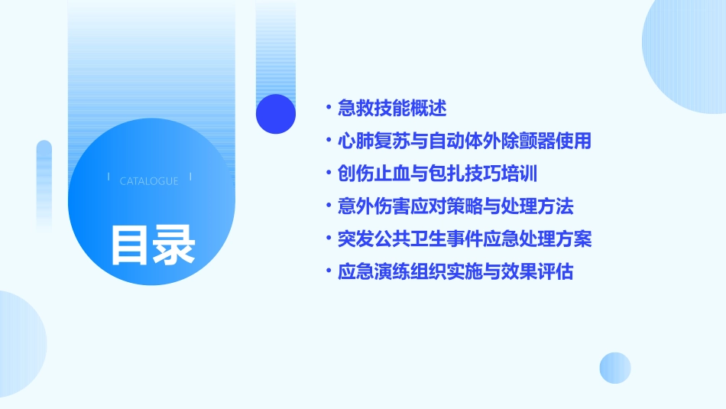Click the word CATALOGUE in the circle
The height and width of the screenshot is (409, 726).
click(x=149, y=181)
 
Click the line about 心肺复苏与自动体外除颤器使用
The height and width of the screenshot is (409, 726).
click(x=464, y=141)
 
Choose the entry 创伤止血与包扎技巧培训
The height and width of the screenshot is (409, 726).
click(x=438, y=174)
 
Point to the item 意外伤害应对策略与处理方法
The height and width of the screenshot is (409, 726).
click(x=455, y=206)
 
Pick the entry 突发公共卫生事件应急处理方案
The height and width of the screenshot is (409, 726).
click(x=464, y=239)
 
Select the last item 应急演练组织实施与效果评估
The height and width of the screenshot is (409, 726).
click(x=455, y=272)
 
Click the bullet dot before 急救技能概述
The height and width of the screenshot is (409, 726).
click(x=328, y=108)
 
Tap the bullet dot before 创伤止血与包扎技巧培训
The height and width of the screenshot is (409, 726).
click(x=328, y=174)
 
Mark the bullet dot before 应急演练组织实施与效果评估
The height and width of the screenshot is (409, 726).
click(x=328, y=272)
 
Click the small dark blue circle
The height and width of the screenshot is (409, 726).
click(x=276, y=114)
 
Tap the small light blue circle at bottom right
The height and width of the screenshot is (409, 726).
click(x=615, y=368)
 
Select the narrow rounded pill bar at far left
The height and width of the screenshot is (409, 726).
click(x=44, y=183)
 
